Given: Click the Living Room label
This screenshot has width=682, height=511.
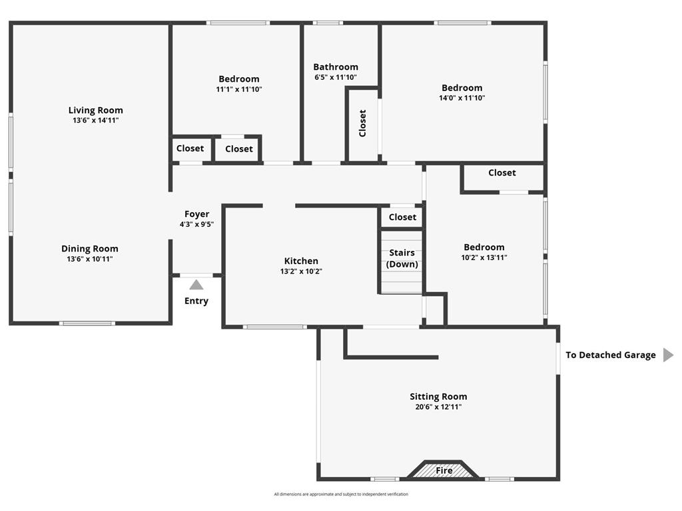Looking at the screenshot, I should [x=96, y=110].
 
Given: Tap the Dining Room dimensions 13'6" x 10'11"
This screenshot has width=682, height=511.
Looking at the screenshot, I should [x=90, y=259].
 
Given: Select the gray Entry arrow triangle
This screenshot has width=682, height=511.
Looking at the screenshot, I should [x=196, y=285].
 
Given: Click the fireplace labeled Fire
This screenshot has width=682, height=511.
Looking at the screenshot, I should [x=444, y=470].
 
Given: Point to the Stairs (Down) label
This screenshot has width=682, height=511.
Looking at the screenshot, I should [x=402, y=258].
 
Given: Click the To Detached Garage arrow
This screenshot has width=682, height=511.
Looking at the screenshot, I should [x=668, y=355].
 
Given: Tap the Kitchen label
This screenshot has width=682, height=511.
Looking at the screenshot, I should [x=301, y=261].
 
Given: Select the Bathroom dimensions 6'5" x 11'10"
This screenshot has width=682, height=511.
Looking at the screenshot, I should [x=336, y=77].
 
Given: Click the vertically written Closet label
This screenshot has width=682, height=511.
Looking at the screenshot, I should [x=362, y=123].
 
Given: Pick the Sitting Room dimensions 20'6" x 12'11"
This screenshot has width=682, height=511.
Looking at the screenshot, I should [x=438, y=407].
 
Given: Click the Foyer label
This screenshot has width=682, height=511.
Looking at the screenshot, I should [x=196, y=214].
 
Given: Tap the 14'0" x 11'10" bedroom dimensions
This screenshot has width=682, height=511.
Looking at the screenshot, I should [x=462, y=98].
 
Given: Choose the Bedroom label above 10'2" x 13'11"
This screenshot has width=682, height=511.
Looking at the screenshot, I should [x=484, y=247].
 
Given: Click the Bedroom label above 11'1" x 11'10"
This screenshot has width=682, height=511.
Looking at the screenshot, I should [x=238, y=79].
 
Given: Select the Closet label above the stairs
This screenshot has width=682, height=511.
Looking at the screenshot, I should [x=402, y=217].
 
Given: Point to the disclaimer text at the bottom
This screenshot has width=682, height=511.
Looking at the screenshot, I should [x=341, y=494].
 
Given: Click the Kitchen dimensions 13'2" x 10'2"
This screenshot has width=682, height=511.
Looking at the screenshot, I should [x=301, y=271].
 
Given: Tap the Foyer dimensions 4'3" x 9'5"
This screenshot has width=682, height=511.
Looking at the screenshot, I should [x=196, y=224].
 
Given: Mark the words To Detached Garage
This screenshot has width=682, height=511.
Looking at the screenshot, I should [x=611, y=355].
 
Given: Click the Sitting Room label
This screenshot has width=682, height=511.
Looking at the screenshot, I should [x=438, y=397].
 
